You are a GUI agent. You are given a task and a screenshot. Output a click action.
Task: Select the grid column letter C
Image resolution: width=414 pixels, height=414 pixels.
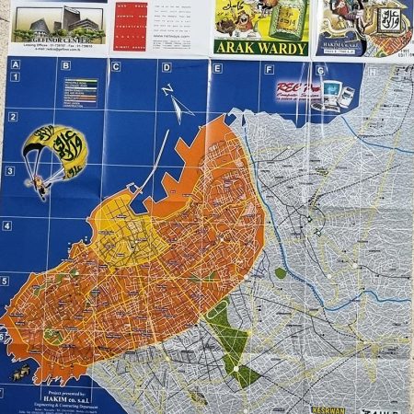pyautogui.click(x=116, y=66)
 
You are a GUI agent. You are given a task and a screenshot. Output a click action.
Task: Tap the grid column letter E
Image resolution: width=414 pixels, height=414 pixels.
pyautogui.click(x=216, y=66)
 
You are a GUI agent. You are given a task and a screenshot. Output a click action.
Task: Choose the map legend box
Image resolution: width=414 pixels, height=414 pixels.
pyautogui.click(x=80, y=91)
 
